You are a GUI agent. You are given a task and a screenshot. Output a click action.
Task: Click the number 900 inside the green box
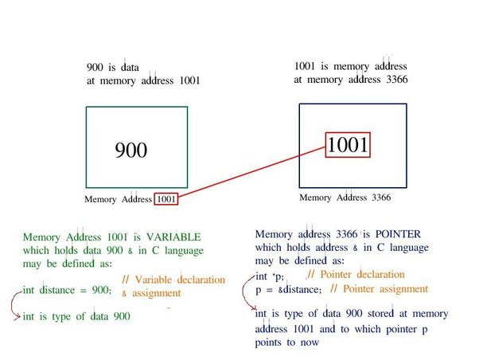pyautogui.click(x=131, y=151)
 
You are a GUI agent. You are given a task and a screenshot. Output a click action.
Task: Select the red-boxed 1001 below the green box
pyautogui.click(x=167, y=199)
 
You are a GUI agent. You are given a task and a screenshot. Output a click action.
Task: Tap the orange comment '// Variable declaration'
pyautogui.click(x=164, y=280)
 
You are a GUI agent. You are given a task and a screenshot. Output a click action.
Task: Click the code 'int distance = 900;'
pyautogui.click(x=68, y=289)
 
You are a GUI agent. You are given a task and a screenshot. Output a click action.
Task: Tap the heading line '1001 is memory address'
pyautogui.click(x=350, y=66)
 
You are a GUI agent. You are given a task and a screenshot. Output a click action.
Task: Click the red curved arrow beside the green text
pyautogui.click(x=11, y=303)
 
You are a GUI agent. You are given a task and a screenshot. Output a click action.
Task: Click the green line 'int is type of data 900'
pyautogui.click(x=77, y=317)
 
